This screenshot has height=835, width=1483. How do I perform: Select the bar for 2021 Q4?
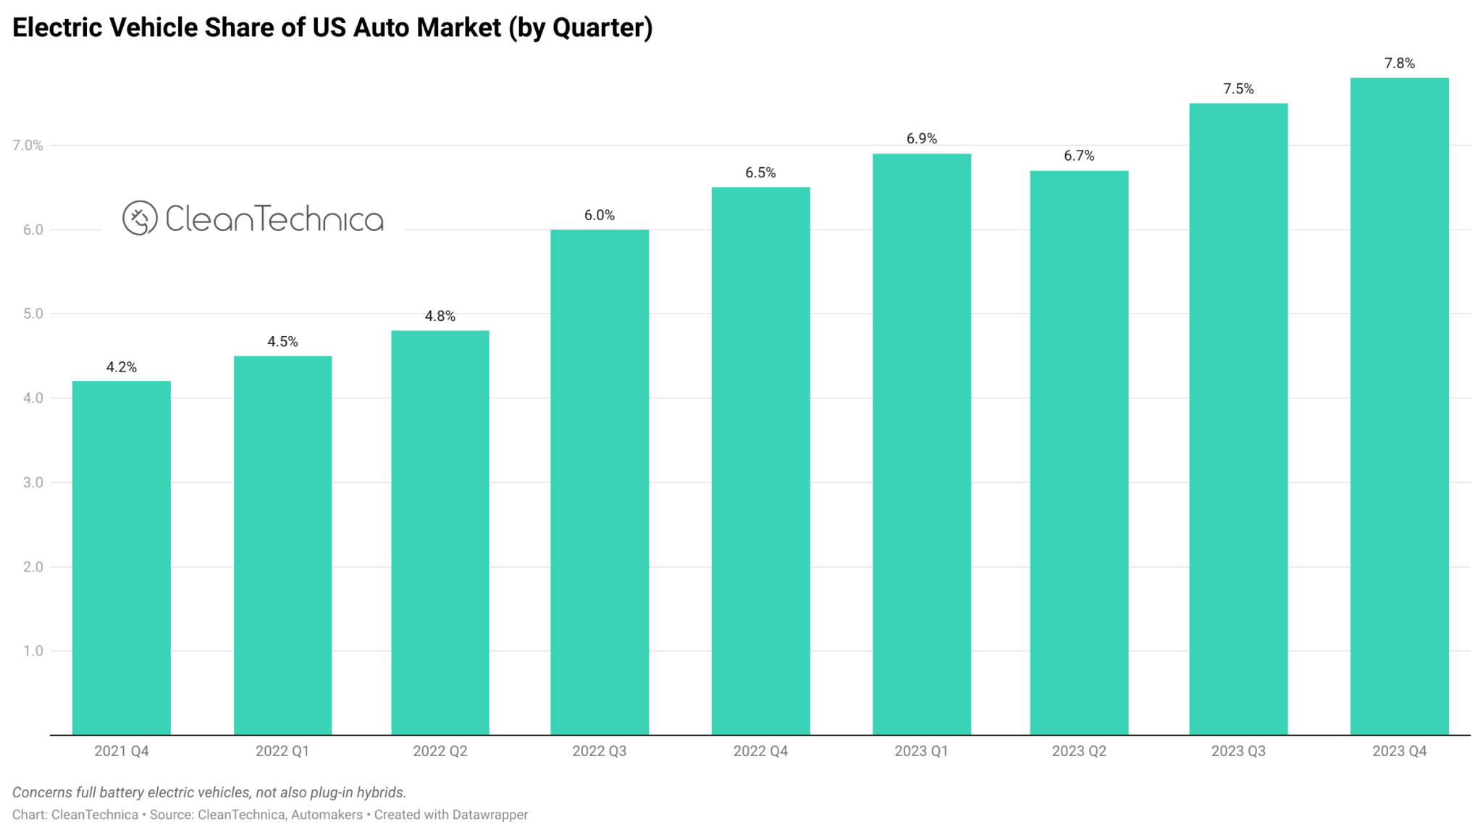pyautogui.click(x=122, y=558)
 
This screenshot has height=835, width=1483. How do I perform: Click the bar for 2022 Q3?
pyautogui.click(x=600, y=482)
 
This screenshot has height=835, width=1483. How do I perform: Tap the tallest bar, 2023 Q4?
pyautogui.click(x=1399, y=406)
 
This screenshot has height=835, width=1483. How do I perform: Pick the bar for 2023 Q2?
pyautogui.click(x=1079, y=453)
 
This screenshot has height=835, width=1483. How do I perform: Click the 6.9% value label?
pyautogui.click(x=921, y=138)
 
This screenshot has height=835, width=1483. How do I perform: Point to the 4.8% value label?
pyautogui.click(x=440, y=316)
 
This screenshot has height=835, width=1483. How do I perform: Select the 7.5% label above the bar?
pyautogui.click(x=1238, y=88)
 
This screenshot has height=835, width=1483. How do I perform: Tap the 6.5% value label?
pyautogui.click(x=760, y=172)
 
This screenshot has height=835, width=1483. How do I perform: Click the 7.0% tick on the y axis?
pyautogui.click(x=28, y=145)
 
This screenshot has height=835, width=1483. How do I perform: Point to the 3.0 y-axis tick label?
pyautogui.click(x=33, y=482)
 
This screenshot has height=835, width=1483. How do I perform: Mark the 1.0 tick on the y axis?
pyautogui.click(x=33, y=651)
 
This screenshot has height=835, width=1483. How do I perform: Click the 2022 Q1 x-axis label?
pyautogui.click(x=282, y=751)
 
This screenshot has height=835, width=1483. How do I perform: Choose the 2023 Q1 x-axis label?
pyautogui.click(x=921, y=751)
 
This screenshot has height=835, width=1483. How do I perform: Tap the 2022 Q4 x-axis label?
pyautogui.click(x=760, y=751)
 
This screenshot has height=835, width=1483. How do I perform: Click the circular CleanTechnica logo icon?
pyautogui.click(x=140, y=218)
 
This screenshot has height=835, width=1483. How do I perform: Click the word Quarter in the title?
pyautogui.click(x=598, y=28)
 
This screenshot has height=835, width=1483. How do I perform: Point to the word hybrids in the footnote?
pyautogui.click(x=381, y=792)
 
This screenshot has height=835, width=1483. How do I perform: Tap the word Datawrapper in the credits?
pyautogui.click(x=490, y=815)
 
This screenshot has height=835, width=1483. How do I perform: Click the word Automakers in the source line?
pyautogui.click(x=327, y=815)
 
